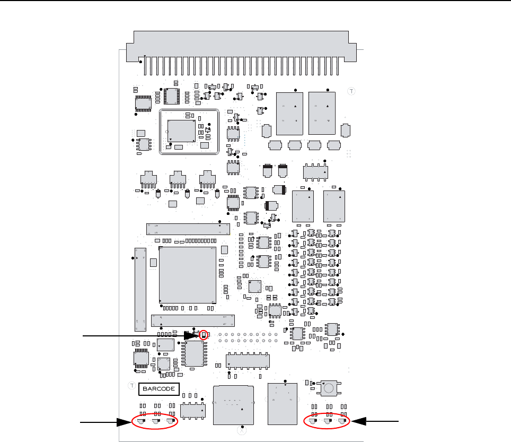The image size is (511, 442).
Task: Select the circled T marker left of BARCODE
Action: point(131,386)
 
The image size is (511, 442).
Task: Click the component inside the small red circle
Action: point(204,335)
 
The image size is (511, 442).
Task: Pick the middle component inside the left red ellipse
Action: point(156,422)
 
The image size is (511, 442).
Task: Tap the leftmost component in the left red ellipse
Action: point(141,422)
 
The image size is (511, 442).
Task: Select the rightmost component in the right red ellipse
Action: point(341,422)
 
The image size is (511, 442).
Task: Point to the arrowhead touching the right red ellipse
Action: point(357,421)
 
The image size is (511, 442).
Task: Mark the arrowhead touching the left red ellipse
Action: point(125,422)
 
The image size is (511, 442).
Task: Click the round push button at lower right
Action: point(329,389)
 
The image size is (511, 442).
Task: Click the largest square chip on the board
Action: point(187,275)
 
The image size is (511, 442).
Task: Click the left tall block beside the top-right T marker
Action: point(290,114)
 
